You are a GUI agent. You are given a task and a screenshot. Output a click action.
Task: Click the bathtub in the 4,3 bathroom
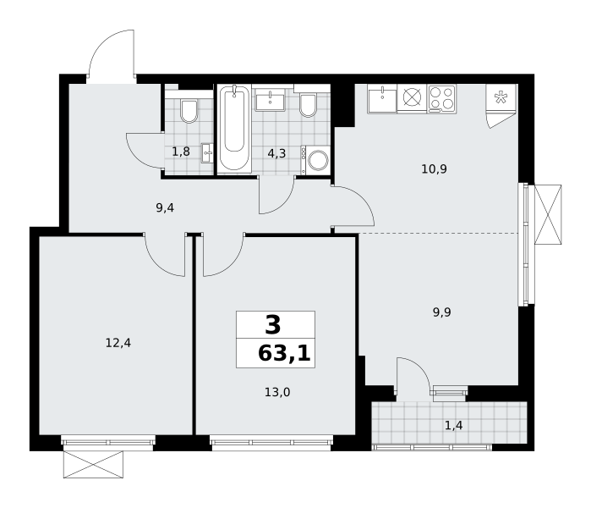pyautogui.click(x=234, y=129)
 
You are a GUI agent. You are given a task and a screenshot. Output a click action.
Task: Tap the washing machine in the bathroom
pyautogui.click(x=317, y=160)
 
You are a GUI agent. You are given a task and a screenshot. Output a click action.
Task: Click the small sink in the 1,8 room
pyautogui.click(x=207, y=153)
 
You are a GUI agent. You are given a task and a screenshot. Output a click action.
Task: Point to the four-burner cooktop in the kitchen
pyautogui.click(x=441, y=98)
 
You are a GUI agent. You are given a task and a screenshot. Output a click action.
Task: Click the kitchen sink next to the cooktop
pyautogui.click(x=382, y=98)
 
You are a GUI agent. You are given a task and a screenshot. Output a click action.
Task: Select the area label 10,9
pyautogui.click(x=435, y=168)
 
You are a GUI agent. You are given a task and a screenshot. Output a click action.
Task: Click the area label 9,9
pyautogui.click(x=441, y=312)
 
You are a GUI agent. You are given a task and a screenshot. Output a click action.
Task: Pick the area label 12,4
pyautogui.click(x=118, y=343)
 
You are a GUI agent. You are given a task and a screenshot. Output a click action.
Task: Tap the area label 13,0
pyautogui.click(x=277, y=392)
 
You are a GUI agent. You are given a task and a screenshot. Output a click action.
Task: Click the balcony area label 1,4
pyautogui.click(x=453, y=425)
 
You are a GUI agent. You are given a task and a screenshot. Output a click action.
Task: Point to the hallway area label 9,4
pyautogui.click(x=165, y=207)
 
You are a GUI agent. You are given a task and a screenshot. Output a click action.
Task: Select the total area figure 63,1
pyautogui.click(x=284, y=354)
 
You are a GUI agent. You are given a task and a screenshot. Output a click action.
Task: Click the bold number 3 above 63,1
pyautogui.click(x=273, y=325)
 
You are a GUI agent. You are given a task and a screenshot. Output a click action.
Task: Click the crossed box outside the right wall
pyautogui.click(x=548, y=214)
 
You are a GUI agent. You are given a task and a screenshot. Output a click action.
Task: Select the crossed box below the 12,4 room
pyautogui.click(x=93, y=464)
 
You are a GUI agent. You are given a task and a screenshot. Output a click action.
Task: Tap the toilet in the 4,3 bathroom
pyautogui.click(x=308, y=104)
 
